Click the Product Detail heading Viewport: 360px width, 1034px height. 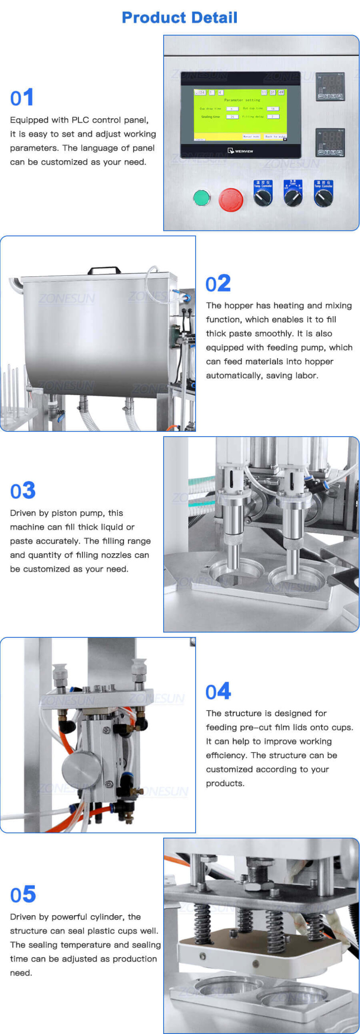(179, 17)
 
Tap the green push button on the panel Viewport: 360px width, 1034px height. (201, 198)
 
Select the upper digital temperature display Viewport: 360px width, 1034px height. (330, 86)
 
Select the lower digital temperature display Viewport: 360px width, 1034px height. (330, 142)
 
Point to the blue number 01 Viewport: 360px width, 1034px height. (22, 98)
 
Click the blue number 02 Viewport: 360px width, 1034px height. (218, 284)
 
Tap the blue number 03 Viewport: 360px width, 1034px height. (23, 491)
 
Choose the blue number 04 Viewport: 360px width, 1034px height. (218, 691)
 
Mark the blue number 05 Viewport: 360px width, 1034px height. (23, 895)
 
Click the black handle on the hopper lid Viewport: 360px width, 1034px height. (104, 270)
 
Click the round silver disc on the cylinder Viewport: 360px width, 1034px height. (81, 767)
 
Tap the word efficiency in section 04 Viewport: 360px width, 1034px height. (226, 755)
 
